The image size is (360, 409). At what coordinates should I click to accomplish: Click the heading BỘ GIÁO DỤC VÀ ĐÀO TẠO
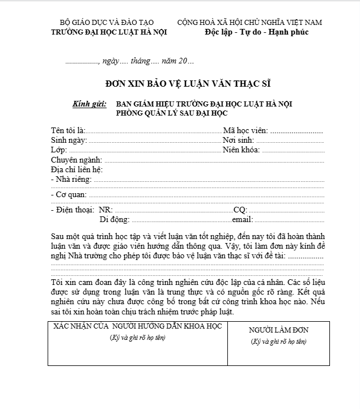pos(107,22)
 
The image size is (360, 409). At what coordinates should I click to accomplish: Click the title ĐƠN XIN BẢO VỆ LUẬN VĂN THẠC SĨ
pos(189,83)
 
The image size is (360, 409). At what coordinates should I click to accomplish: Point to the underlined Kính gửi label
pos(90,104)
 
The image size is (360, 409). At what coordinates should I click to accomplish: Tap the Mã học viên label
pos(245,130)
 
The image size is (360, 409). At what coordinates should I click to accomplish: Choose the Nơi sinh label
pos(238,140)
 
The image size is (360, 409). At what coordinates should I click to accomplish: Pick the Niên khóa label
pos(241,150)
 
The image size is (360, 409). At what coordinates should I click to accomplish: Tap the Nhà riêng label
pos(71,180)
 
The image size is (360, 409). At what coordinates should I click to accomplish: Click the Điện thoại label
pos(72,210)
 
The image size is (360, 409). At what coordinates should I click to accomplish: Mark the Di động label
pos(115,219)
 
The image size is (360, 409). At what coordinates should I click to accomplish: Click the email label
pos(242,219)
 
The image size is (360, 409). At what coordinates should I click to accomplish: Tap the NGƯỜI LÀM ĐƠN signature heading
pos(278,330)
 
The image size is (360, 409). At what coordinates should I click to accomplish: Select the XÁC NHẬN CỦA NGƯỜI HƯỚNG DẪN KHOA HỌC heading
pos(138,327)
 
